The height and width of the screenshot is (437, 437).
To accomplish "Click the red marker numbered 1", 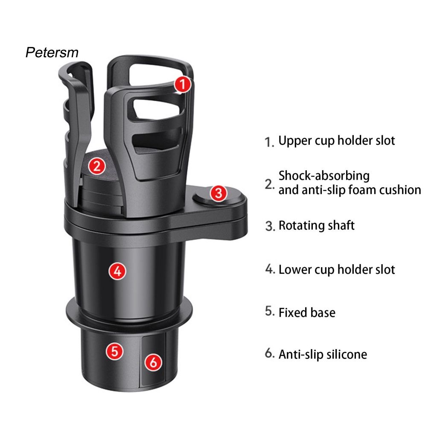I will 183,85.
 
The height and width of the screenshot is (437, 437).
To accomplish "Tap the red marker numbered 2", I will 97,166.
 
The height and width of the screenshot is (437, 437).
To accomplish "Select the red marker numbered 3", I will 218,193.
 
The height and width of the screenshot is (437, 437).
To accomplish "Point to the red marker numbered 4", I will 117,271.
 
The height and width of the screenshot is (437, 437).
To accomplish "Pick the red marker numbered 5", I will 114,351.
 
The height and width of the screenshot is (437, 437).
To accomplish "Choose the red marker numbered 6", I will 154,362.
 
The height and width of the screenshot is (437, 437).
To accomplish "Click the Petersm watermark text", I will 52,52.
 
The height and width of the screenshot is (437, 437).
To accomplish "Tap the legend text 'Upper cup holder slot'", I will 337,140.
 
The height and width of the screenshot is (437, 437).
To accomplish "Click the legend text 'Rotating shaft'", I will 316,225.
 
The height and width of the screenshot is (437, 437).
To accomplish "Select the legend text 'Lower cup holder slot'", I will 337,269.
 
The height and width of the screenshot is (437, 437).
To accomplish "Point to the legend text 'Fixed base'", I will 307,312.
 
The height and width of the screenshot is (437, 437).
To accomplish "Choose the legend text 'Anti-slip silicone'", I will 323,354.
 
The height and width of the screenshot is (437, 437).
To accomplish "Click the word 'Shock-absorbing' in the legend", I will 324,175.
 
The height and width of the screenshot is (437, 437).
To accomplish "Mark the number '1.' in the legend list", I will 269,142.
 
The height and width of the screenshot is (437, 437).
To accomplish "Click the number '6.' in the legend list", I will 269,354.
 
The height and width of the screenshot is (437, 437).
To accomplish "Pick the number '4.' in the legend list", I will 270,269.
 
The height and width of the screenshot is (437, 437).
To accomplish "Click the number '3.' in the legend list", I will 270,226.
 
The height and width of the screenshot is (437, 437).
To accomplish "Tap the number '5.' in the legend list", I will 269,312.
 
